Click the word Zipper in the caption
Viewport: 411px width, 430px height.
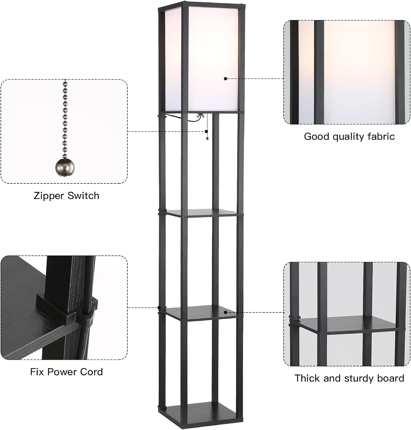(49, 196)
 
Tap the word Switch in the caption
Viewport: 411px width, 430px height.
(83, 196)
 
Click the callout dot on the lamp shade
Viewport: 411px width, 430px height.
(226, 79)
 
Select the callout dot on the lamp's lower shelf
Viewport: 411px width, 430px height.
(226, 312)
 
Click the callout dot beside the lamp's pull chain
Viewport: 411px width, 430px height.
(206, 131)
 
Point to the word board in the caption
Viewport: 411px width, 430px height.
(390, 378)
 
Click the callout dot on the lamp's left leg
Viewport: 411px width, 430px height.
(159, 308)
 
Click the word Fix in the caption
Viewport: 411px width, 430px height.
(37, 372)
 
